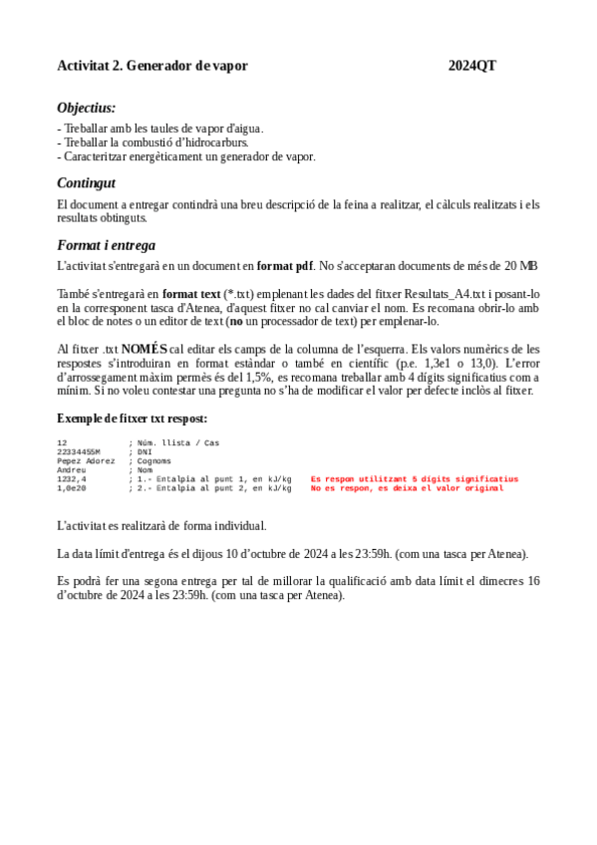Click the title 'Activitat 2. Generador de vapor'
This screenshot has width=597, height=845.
coord(152,66)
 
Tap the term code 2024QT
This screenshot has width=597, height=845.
coord(471,66)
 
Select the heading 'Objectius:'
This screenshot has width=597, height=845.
coord(86,108)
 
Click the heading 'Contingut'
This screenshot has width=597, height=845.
coord(86,182)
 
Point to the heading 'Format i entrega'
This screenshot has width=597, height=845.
coord(106,245)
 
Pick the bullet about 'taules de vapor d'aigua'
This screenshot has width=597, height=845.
coord(161,129)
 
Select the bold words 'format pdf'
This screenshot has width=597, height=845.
coord(284,266)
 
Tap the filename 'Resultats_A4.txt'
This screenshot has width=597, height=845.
coord(446,294)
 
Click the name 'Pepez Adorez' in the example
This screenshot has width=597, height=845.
coord(86,460)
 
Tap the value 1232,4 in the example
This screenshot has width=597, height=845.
coord(72,479)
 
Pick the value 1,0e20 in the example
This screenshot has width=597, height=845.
coord(72,488)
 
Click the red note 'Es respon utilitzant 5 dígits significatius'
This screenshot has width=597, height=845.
coord(415,479)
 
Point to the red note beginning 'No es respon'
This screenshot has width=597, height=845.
coord(407,488)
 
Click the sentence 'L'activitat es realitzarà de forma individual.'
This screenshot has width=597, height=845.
coord(161,525)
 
